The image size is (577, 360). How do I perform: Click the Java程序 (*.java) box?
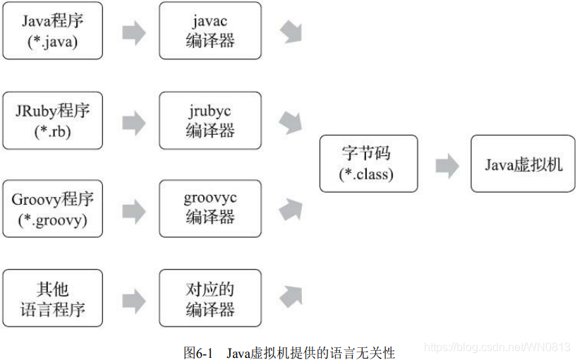53,30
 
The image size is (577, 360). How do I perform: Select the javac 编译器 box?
209,30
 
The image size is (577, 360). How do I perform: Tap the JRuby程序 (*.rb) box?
53,120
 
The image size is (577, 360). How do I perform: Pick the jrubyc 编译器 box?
209,120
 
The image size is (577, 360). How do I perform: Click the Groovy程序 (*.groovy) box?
53,208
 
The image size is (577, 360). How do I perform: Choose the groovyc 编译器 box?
209,208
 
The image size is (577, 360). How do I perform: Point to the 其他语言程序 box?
53,298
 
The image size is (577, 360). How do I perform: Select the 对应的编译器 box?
209,298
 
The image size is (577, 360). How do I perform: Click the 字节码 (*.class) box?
368,164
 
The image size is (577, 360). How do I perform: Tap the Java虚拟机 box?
523,164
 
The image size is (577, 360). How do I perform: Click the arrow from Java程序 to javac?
133,32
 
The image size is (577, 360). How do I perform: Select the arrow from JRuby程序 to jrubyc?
133,121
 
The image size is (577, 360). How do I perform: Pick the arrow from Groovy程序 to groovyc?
133,210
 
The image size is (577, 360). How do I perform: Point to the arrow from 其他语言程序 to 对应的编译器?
133,299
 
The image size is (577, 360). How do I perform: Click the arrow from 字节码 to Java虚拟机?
447,166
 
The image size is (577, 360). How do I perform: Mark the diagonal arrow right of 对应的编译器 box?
291,296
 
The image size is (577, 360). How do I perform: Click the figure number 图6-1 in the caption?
198,352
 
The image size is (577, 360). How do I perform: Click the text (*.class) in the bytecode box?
368,174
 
